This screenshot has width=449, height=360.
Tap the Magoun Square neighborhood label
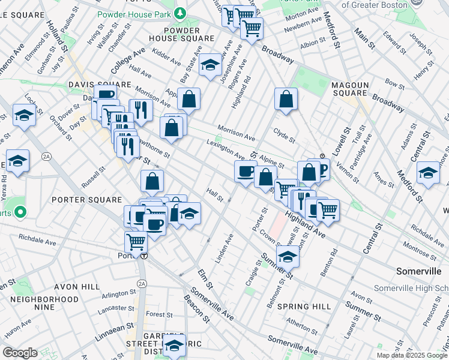tap(349, 89)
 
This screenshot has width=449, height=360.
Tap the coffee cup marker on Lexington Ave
tap(245, 172)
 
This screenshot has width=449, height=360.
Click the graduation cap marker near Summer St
tap(288, 257)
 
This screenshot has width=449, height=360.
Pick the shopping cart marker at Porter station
tap(136, 243)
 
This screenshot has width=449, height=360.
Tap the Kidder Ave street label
tap(167, 59)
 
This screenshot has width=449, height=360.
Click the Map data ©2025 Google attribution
tap(412, 355)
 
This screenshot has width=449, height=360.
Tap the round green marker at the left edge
tap(20, 212)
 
